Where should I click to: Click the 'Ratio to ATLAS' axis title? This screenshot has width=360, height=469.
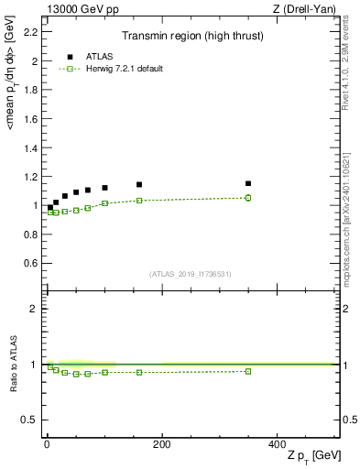click(x=14, y=364)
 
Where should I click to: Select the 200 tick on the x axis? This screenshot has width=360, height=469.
click(x=161, y=443)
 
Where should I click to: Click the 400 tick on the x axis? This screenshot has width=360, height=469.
click(x=277, y=443)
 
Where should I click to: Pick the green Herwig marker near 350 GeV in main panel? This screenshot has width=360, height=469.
click(x=248, y=197)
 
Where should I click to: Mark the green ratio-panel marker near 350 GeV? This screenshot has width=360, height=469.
click(x=248, y=371)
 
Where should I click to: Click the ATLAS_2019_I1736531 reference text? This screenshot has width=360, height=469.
click(x=191, y=273)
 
